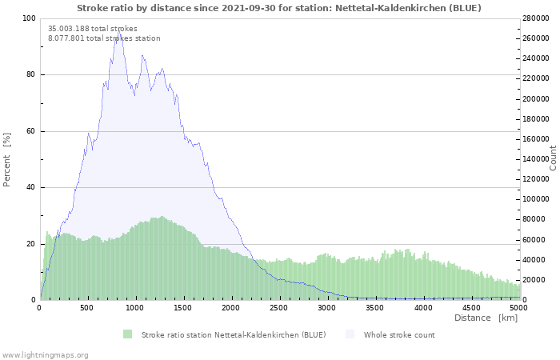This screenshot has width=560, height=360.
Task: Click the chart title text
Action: click(279, 8)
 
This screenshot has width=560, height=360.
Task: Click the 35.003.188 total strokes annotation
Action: click(93, 29)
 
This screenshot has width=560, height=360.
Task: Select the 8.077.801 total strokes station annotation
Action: click(104, 38)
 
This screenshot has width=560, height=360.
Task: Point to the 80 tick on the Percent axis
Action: click(30, 75)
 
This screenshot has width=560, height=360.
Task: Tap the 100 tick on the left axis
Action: click(29, 18)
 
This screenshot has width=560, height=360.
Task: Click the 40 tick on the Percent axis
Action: click(30, 188)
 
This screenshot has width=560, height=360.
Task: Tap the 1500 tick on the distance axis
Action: click(183, 307)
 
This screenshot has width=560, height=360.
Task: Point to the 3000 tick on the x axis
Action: click(327, 307)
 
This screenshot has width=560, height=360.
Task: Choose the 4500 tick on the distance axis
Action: click(471, 307)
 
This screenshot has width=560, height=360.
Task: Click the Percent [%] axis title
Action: click(7, 159)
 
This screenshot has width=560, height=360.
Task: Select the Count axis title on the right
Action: click(553, 158)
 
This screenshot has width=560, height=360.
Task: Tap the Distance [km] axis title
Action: click(486, 318)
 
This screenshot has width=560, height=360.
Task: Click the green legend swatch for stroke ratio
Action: click(127, 334)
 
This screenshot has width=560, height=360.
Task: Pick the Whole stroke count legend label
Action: click(399, 334)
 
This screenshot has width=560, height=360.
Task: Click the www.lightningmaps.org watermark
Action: click(45, 354)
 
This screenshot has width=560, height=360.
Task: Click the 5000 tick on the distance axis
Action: click(519, 307)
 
